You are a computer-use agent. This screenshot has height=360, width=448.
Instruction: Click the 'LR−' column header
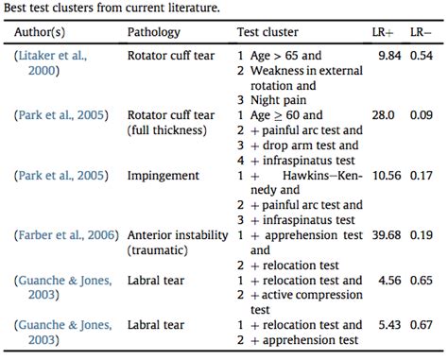tap(422, 33)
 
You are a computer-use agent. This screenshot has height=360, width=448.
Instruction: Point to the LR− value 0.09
tap(422, 115)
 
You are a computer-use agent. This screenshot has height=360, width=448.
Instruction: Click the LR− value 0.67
tap(422, 324)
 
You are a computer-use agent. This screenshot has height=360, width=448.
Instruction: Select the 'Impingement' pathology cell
tap(162, 175)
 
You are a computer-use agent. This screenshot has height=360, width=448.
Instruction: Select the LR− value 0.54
tap(422, 56)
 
